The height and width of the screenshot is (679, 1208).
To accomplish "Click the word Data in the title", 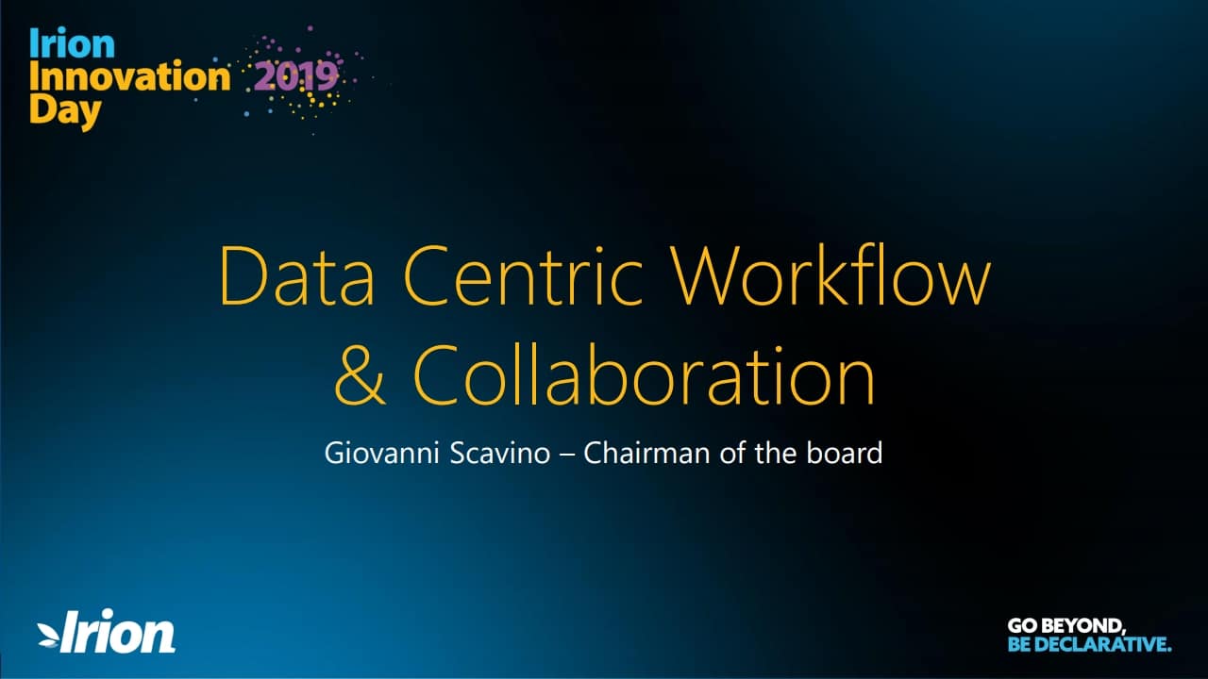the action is pos(297,276).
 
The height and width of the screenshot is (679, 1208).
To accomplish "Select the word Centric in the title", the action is pos(523,276).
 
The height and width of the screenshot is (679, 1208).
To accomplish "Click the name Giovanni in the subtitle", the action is pos(382,453).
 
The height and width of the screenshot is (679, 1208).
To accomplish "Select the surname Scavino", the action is pos(500,453).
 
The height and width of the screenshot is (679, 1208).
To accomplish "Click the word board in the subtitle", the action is pos(845,453).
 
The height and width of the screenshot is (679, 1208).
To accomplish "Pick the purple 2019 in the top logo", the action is pos(296,76).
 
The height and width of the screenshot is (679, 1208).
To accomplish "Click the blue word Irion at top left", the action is pos(73,43).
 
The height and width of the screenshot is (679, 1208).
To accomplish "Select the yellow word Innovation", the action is pos(130,76).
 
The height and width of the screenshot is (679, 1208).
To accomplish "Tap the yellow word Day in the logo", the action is pos(65,111).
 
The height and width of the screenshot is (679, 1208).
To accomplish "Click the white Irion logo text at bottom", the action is pos(118,631).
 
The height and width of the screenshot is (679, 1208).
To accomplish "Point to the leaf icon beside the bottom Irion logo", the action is pos(48,635).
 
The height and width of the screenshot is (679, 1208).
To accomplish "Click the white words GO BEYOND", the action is pos(1066,626).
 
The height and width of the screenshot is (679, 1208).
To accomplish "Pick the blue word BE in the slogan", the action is pos(1019,644).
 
